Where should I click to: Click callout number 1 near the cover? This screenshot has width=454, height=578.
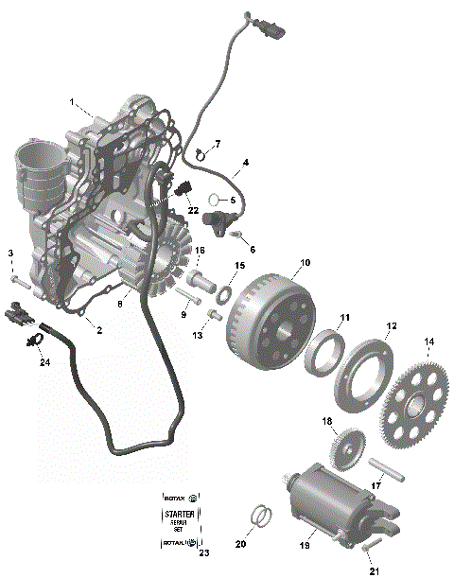coord(70,101)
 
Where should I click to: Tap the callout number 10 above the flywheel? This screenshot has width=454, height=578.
coord(305,262)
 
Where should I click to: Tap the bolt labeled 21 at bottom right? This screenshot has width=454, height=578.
coord(370,545)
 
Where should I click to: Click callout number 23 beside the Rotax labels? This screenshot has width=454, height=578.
coord(203,552)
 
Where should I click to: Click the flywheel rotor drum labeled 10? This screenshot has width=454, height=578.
coord(270,307)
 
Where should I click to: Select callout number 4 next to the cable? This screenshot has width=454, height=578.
coord(245,163)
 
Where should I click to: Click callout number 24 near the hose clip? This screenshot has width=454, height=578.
coord(44,362)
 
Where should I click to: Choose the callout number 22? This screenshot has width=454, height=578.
coord(193,209)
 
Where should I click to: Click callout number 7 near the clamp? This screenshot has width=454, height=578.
coord(217,144)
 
